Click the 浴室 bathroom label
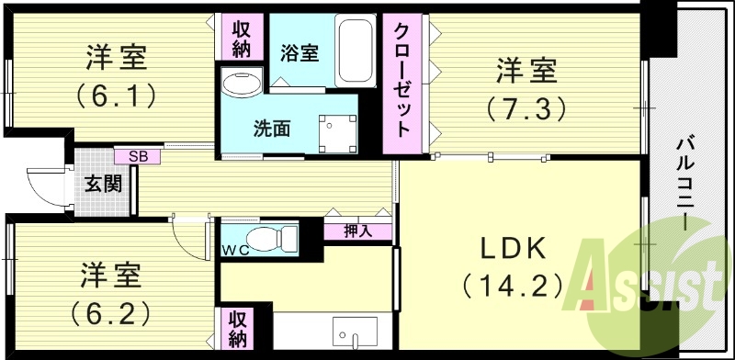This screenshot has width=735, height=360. (x=300, y=53)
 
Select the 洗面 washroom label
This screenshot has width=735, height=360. (x=272, y=128)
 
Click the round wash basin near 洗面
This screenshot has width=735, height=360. (x=242, y=84)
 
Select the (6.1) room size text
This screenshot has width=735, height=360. (x=117, y=94)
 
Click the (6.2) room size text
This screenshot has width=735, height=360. (x=109, y=313)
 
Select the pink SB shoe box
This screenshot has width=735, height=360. (x=137, y=155)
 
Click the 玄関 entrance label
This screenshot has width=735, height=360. (x=104, y=184)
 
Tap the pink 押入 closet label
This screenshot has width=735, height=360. (x=357, y=231)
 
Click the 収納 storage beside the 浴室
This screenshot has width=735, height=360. (x=242, y=39)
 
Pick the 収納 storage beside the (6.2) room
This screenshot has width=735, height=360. (x=237, y=330)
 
